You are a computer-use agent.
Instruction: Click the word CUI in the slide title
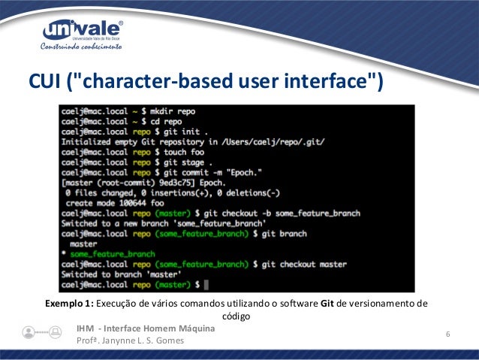(x=47, y=80)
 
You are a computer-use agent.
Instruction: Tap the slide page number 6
(x=448, y=334)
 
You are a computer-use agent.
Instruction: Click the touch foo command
(x=185, y=150)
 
